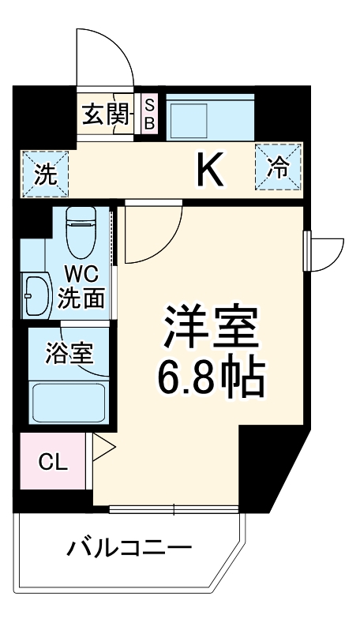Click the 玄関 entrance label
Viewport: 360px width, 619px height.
pyautogui.click(x=105, y=115)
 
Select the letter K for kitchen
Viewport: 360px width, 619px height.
pyautogui.click(x=210, y=169)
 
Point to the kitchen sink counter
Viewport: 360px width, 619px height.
pyautogui.click(x=210, y=117)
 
